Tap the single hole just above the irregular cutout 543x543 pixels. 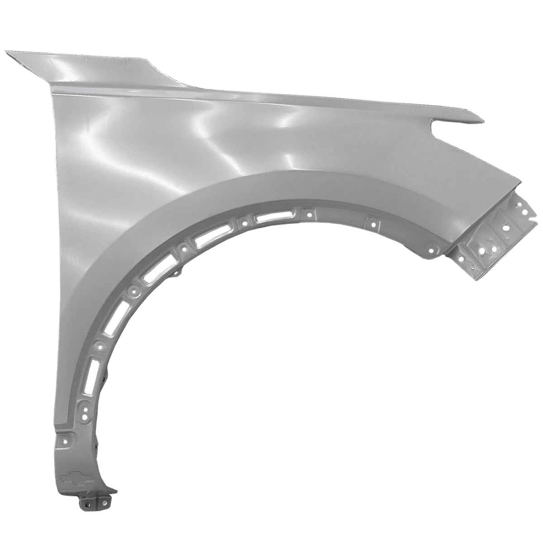(x=65, y=441)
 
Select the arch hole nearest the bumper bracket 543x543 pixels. (x=432, y=250)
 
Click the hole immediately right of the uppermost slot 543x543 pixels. (x=309, y=214)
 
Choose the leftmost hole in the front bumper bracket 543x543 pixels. (x=461, y=259)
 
